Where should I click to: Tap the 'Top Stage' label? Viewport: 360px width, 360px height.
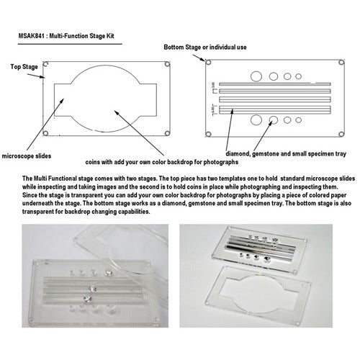[24, 67]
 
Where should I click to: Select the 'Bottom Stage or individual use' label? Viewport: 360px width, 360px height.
[205, 48]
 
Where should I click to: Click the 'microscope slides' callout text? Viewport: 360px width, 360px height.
[27, 156]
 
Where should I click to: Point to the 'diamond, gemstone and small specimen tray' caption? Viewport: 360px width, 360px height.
[286, 154]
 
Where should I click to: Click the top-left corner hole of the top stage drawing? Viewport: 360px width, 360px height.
[46, 64]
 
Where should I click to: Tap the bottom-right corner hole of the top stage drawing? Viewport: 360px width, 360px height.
[167, 133]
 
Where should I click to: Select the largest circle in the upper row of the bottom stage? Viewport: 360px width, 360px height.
[256, 76]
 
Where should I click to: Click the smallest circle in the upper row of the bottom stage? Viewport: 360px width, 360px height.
[298, 76]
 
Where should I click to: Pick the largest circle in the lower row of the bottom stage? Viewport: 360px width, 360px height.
[256, 120]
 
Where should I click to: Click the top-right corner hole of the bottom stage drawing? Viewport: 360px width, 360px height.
[341, 63]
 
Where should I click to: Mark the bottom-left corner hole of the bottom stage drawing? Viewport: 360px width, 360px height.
[209, 134]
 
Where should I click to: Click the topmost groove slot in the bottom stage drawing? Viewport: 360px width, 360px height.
[275, 84]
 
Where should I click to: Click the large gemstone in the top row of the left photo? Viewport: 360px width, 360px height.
[109, 273]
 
